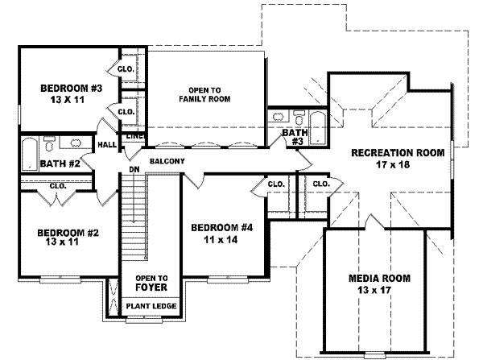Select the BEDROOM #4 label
coord(222,228)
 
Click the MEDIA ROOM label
coord(379,278)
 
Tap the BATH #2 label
coord(59,163)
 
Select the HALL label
coord(107,145)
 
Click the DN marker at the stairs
coord(134,170)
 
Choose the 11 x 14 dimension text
coord(222,239)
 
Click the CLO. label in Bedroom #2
coord(57,186)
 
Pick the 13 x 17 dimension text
coord(379,290)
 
